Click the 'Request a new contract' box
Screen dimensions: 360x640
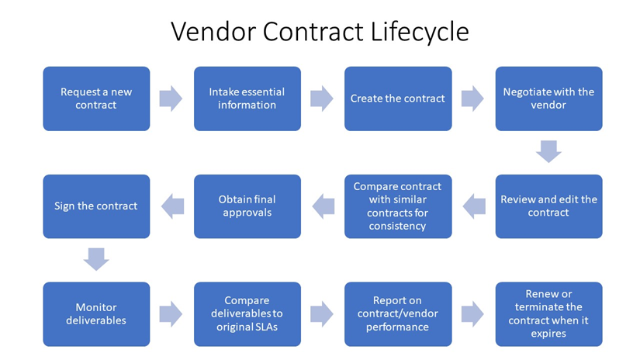tap(96, 99)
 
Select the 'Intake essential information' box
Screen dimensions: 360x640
tap(247, 99)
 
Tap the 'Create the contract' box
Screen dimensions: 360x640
tap(398, 99)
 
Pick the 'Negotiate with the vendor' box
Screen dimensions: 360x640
tap(548, 99)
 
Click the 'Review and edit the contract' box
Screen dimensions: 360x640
tap(548, 206)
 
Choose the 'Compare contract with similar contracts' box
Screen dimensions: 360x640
tap(398, 206)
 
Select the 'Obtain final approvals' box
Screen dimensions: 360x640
tap(247, 206)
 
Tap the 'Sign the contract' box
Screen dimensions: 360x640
tap(96, 206)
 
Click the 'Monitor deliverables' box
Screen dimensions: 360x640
tap(96, 313)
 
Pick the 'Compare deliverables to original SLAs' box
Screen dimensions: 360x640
tap(247, 313)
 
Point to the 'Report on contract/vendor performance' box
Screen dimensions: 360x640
tap(398, 313)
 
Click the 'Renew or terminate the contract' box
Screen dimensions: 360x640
tap(548, 313)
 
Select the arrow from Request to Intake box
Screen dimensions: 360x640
tap(171, 99)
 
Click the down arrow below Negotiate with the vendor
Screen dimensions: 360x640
tap(548, 151)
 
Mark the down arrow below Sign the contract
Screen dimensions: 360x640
tap(96, 259)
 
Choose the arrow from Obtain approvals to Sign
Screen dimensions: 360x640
tap(172, 206)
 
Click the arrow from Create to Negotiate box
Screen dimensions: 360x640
tap(472, 99)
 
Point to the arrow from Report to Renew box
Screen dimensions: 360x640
tap(472, 313)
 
